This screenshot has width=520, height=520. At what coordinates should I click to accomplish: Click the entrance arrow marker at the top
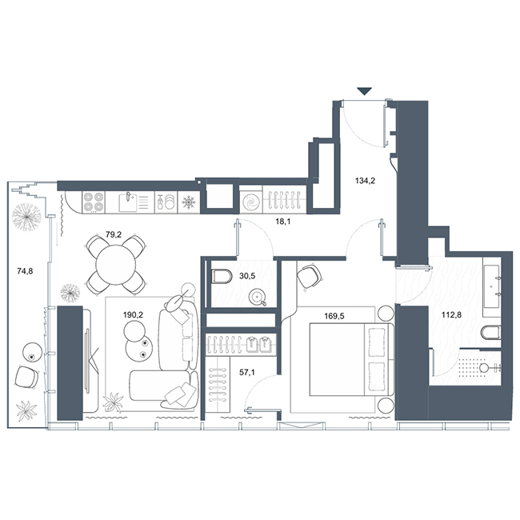point(365,91)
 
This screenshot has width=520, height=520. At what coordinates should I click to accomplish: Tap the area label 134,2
point(365,181)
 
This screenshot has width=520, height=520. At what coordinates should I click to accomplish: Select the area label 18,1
point(283,221)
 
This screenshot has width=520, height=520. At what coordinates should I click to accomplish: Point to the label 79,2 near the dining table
point(114,234)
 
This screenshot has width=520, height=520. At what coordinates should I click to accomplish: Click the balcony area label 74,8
point(25,271)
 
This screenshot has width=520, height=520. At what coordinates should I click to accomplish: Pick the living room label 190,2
point(133,314)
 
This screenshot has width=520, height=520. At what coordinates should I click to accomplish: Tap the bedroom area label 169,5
point(334,316)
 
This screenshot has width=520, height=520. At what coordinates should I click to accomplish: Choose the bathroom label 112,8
point(452,314)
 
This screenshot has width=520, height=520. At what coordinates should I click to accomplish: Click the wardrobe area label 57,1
point(247,373)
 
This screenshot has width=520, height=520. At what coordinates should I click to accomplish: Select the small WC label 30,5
point(247,275)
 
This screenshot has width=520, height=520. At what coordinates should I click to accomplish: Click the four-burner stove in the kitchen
point(93,202)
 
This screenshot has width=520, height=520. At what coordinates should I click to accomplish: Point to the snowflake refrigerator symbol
point(189,202)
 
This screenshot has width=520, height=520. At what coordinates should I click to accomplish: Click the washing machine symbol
point(250,202)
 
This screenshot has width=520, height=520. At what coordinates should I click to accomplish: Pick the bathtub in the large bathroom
point(491,286)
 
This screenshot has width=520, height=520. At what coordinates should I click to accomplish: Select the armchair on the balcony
point(26,377)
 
